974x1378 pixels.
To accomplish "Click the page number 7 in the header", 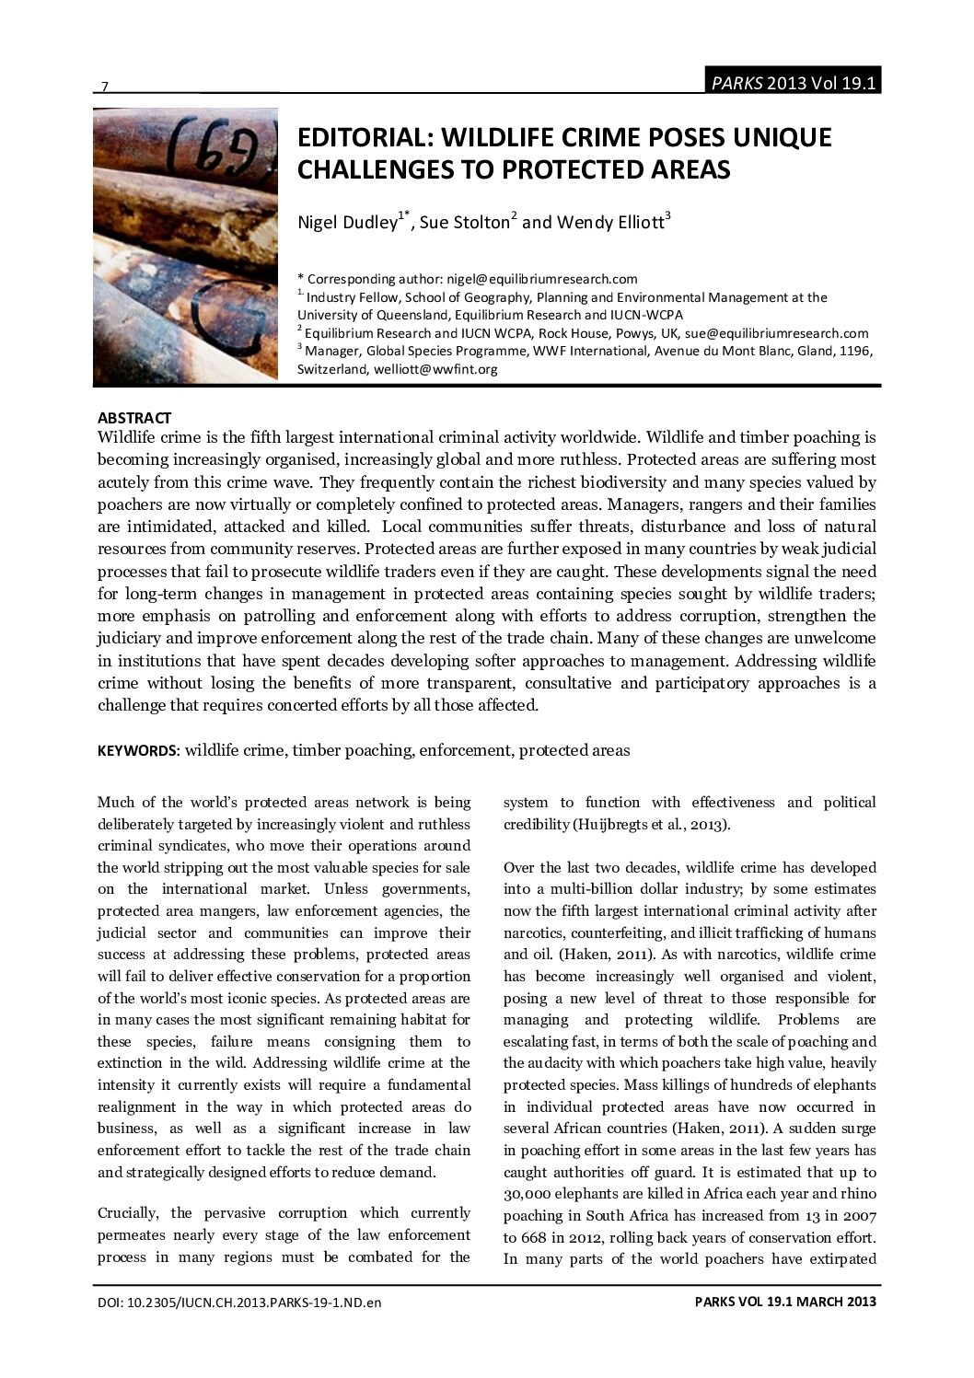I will click(104, 87).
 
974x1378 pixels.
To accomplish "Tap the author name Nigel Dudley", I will click(346, 222).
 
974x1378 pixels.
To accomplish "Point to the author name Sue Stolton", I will click(464, 222).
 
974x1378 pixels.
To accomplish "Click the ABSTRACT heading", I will click(133, 418).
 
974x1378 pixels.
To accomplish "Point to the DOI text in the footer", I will click(239, 1303).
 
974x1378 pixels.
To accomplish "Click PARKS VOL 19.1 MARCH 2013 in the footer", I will click(785, 1302).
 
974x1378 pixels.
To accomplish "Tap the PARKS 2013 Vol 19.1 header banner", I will click(792, 83).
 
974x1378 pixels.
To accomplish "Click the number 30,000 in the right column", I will click(526, 1194).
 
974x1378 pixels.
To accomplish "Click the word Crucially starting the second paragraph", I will click(132, 1213).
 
